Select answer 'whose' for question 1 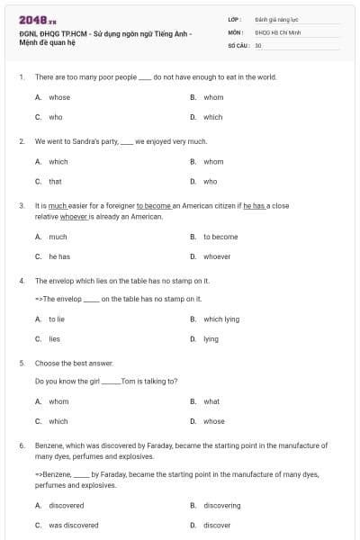59,97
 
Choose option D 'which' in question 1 212,117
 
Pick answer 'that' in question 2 55,181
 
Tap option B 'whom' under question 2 213,162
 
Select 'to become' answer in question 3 220,237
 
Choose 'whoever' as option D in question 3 217,256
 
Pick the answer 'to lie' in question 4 57,319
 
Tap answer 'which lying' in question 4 221,319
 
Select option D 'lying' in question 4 211,339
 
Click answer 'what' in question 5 211,401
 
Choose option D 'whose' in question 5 213,421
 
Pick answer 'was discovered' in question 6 74,525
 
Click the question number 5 20,363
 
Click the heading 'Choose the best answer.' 74,363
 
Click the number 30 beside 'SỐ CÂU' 258,44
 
